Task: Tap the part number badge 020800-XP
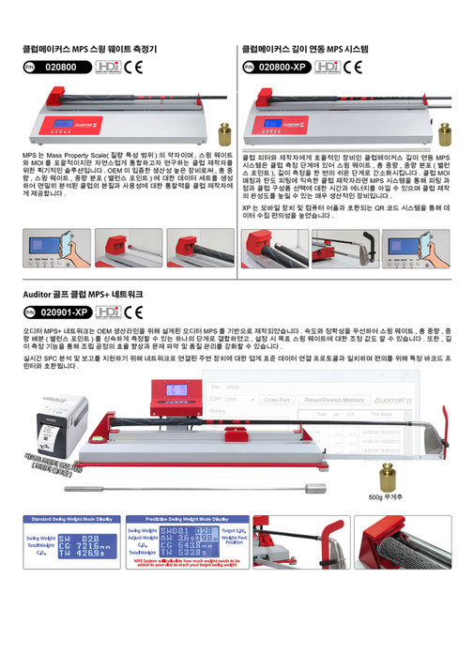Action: (276, 67)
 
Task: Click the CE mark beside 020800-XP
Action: (354, 67)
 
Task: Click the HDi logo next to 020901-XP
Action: (108, 312)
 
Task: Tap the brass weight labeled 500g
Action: (387, 474)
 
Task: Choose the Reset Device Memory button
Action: (335, 400)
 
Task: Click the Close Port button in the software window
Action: (277, 400)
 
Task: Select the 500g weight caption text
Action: (388, 495)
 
